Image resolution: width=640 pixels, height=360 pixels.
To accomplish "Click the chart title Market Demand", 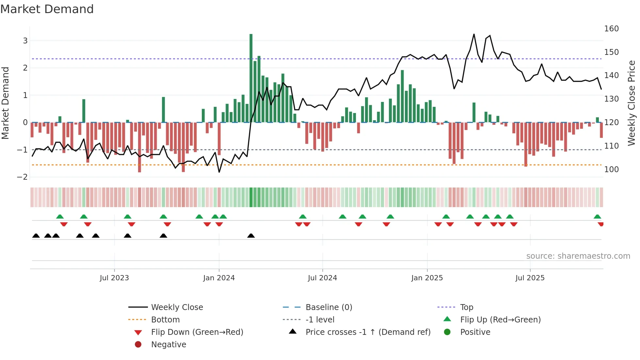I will coord(47,9).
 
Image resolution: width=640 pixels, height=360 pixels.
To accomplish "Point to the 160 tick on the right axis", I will coord(611,29).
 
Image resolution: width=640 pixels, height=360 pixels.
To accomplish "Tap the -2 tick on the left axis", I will coord(23,177).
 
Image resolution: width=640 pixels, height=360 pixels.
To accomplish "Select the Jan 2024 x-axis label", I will coord(219,278).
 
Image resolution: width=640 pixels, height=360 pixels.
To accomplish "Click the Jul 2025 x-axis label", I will coord(530,278).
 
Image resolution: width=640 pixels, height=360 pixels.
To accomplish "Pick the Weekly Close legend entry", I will coord(177,307).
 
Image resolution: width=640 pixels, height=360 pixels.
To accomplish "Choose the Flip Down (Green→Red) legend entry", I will coord(197,332).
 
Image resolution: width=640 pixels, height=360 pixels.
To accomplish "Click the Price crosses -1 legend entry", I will coord(368,332).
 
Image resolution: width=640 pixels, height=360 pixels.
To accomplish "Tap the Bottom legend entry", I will coord(165,320).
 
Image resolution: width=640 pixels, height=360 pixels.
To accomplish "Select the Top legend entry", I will coord(467,307).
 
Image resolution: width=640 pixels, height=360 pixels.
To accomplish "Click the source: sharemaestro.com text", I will coord(578,256).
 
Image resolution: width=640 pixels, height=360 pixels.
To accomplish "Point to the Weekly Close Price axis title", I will coord(632,103).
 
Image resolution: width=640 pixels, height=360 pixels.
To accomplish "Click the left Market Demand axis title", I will coord(5,103).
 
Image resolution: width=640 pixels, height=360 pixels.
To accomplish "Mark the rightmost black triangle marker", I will coord(251,236).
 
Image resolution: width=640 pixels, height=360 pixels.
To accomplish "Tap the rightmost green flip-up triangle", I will coord(597,217).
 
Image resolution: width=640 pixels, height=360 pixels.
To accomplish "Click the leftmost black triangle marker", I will coord(36,236).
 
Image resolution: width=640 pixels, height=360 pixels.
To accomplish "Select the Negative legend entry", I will coord(168,345).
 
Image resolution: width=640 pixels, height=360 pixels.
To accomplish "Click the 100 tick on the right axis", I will coord(611,170).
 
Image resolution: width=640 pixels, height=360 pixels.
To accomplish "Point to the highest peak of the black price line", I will coord(474,34).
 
